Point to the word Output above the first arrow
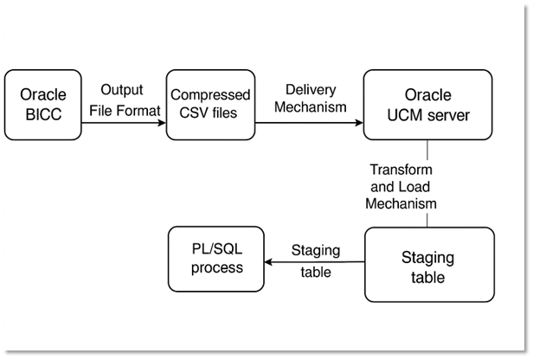click(121, 90)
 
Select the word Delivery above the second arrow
click(309, 90)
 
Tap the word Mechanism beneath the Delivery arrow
click(309, 109)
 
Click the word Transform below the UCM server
click(400, 170)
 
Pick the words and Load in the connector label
click(400, 187)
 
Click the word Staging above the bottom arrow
click(315, 250)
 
